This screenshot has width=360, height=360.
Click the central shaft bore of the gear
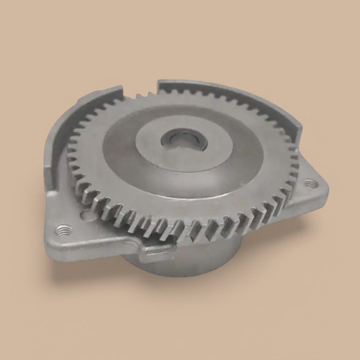(x=183, y=139)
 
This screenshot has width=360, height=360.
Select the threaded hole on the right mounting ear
(x=309, y=182)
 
